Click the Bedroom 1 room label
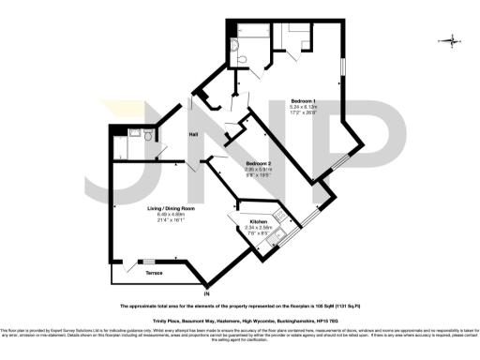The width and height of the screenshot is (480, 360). pyautogui.click(x=302, y=100)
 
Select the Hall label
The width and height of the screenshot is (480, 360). pyautogui.click(x=192, y=135)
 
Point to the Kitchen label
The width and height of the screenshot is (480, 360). pyautogui.click(x=258, y=221)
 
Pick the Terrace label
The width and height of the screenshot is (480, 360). pyautogui.click(x=154, y=273)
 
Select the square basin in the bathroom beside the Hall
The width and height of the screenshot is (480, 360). pyautogui.click(x=134, y=135)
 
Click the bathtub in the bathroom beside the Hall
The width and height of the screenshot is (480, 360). pyautogui.click(x=116, y=142)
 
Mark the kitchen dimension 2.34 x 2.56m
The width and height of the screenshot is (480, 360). pyautogui.click(x=258, y=227)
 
